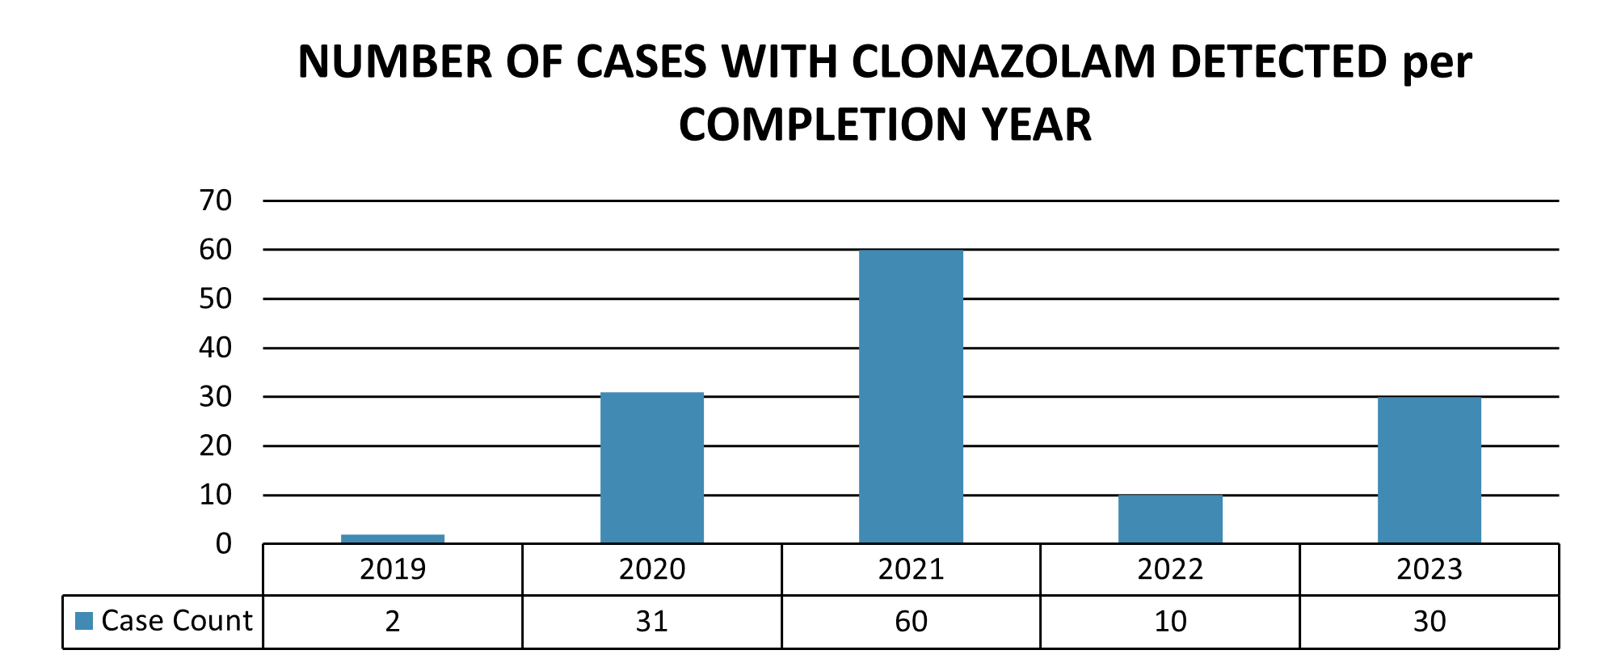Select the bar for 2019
pos(393,538)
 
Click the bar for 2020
pos(652,467)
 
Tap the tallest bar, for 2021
pos(911,396)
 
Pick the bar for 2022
pos(1170,518)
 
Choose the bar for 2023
pos(1429,470)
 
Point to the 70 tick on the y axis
pos(216,201)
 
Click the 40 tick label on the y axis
pos(216,348)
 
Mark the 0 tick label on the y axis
pos(224,544)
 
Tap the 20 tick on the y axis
pos(216,445)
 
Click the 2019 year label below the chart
pos(393,569)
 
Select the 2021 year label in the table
pos(911,569)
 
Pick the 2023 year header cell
pos(1429,569)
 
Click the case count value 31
pos(652,621)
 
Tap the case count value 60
pos(911,621)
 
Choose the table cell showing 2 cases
pos(393,621)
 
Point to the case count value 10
pos(1170,621)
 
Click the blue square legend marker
pos(84,621)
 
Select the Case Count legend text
pos(177,620)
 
